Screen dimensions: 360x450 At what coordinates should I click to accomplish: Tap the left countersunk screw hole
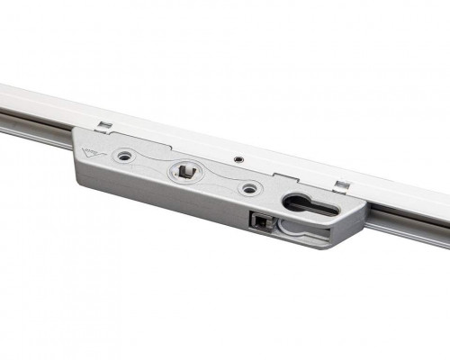tap(123, 157)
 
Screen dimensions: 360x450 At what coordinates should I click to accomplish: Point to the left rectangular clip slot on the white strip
tap(105, 124)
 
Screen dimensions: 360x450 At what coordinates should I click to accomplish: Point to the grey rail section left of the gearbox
tap(36, 126)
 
